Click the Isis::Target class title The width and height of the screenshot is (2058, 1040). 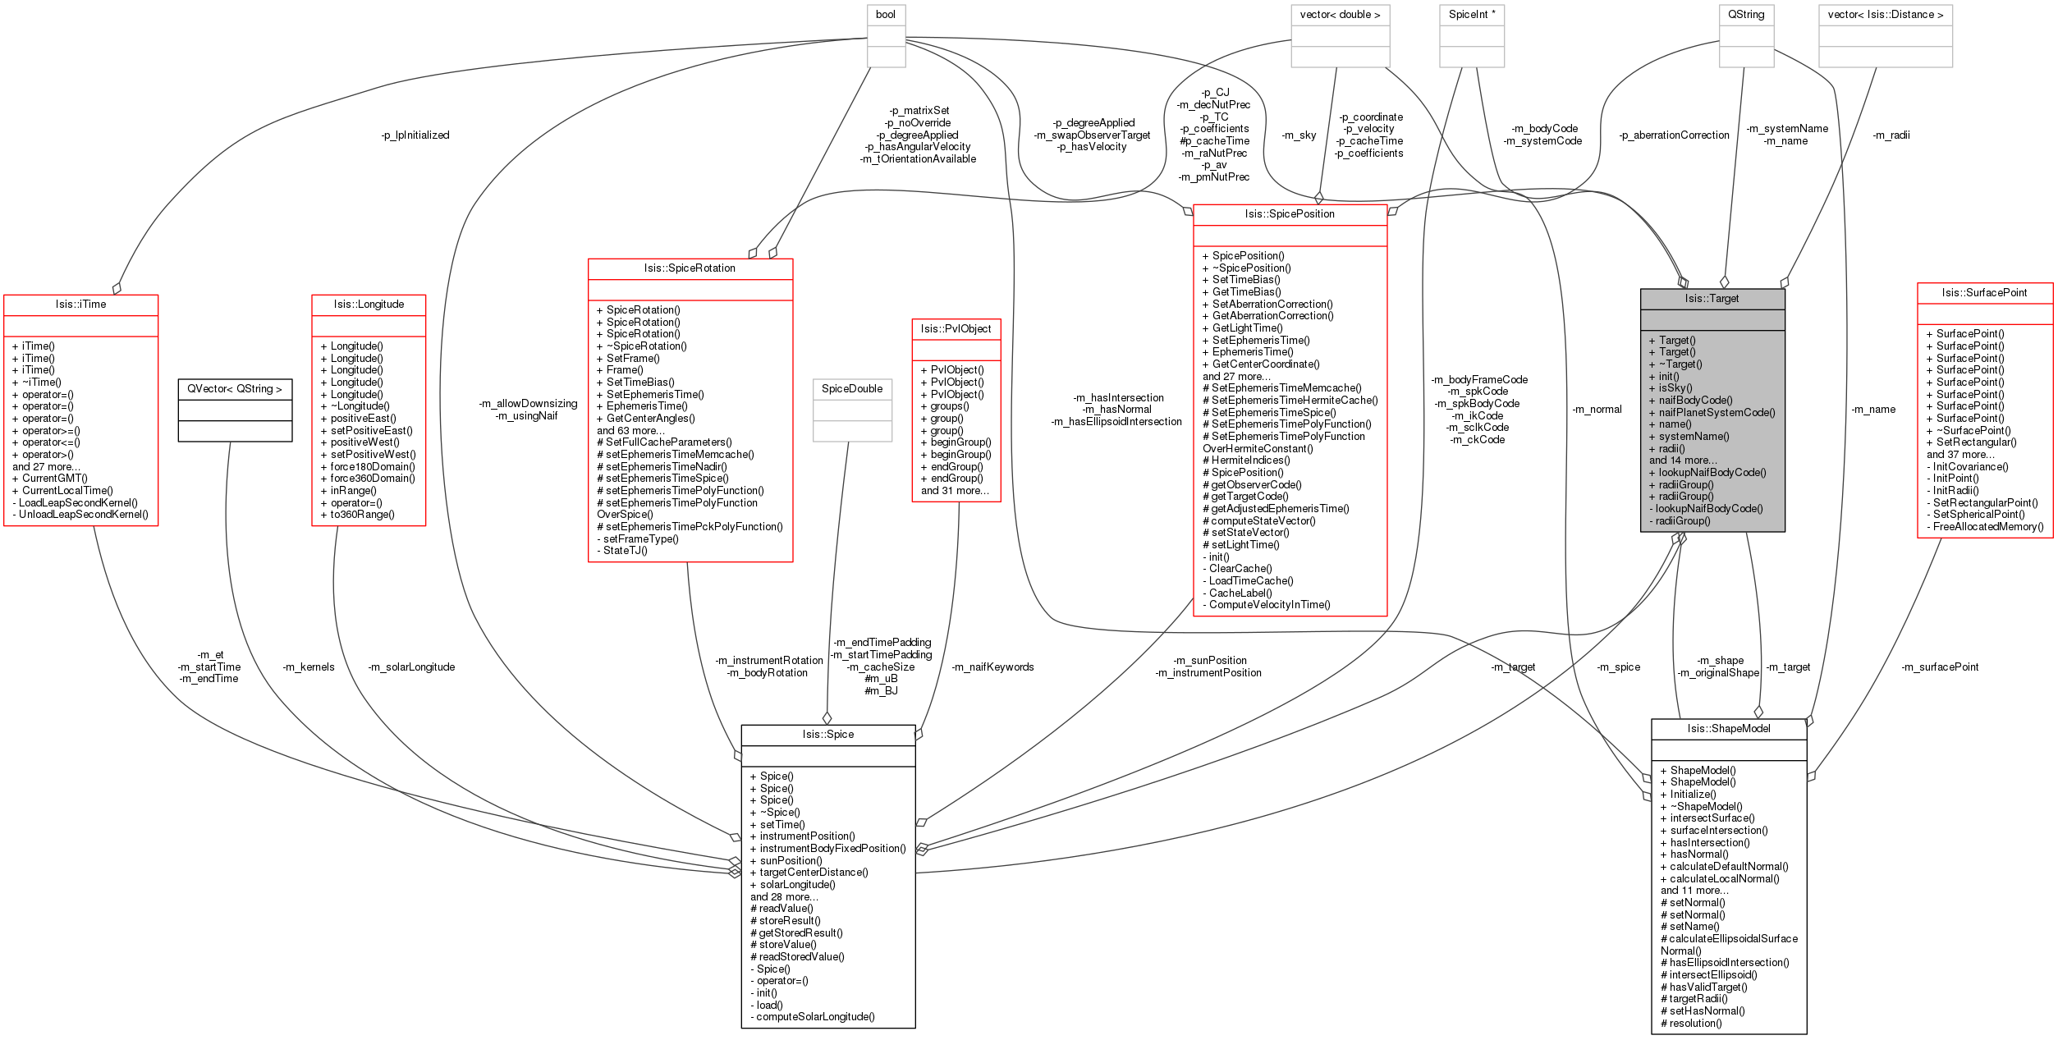1712,299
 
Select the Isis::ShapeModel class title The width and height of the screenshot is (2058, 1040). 1729,729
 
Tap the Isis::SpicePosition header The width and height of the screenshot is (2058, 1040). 1290,214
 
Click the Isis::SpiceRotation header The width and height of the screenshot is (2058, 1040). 690,268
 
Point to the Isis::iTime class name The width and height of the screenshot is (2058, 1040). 80,305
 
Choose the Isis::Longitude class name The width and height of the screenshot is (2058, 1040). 369,305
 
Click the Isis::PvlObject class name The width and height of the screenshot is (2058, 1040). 956,329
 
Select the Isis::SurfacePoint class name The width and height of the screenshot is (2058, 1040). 1984,293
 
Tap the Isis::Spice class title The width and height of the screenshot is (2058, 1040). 827,735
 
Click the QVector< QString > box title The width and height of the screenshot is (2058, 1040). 235,389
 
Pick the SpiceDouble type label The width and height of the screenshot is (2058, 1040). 852,389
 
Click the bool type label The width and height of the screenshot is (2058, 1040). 886,15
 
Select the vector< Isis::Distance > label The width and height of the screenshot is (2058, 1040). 1886,15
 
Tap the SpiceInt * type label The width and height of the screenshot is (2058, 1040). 1472,15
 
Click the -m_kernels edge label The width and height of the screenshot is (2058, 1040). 308,667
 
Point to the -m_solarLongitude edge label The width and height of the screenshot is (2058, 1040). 410,667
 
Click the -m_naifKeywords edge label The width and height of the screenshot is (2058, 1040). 992,667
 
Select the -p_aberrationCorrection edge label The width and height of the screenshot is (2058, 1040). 1674,135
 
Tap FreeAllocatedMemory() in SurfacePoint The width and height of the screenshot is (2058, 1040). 1988,527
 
